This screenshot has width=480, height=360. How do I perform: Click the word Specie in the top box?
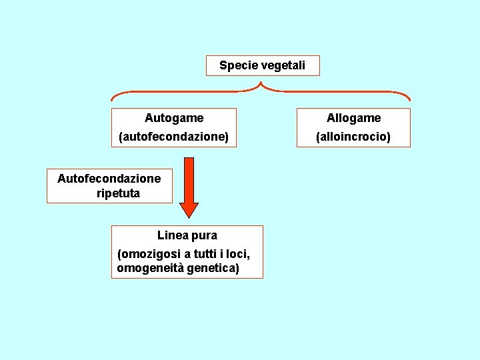(x=236, y=65)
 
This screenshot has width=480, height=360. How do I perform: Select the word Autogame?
(x=174, y=118)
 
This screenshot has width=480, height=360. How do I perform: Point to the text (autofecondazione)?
(x=173, y=137)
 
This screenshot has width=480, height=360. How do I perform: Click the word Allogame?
(x=353, y=118)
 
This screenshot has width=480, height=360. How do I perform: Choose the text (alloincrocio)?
(x=353, y=137)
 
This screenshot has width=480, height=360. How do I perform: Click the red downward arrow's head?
(x=189, y=208)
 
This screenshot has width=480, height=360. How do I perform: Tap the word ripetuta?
(x=118, y=193)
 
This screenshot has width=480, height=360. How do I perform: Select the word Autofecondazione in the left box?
(x=109, y=178)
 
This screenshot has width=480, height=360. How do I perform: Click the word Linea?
(x=171, y=235)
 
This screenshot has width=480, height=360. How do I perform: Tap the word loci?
(x=239, y=254)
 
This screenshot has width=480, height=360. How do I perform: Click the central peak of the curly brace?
(x=261, y=84)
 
